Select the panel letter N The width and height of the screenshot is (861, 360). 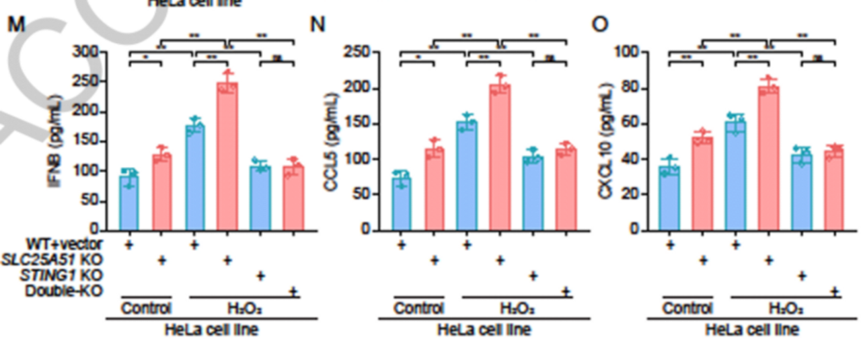(x=317, y=25)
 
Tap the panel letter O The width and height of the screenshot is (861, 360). (x=599, y=25)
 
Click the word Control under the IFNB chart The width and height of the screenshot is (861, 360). (x=147, y=309)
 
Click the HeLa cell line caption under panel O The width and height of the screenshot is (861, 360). (x=752, y=330)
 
